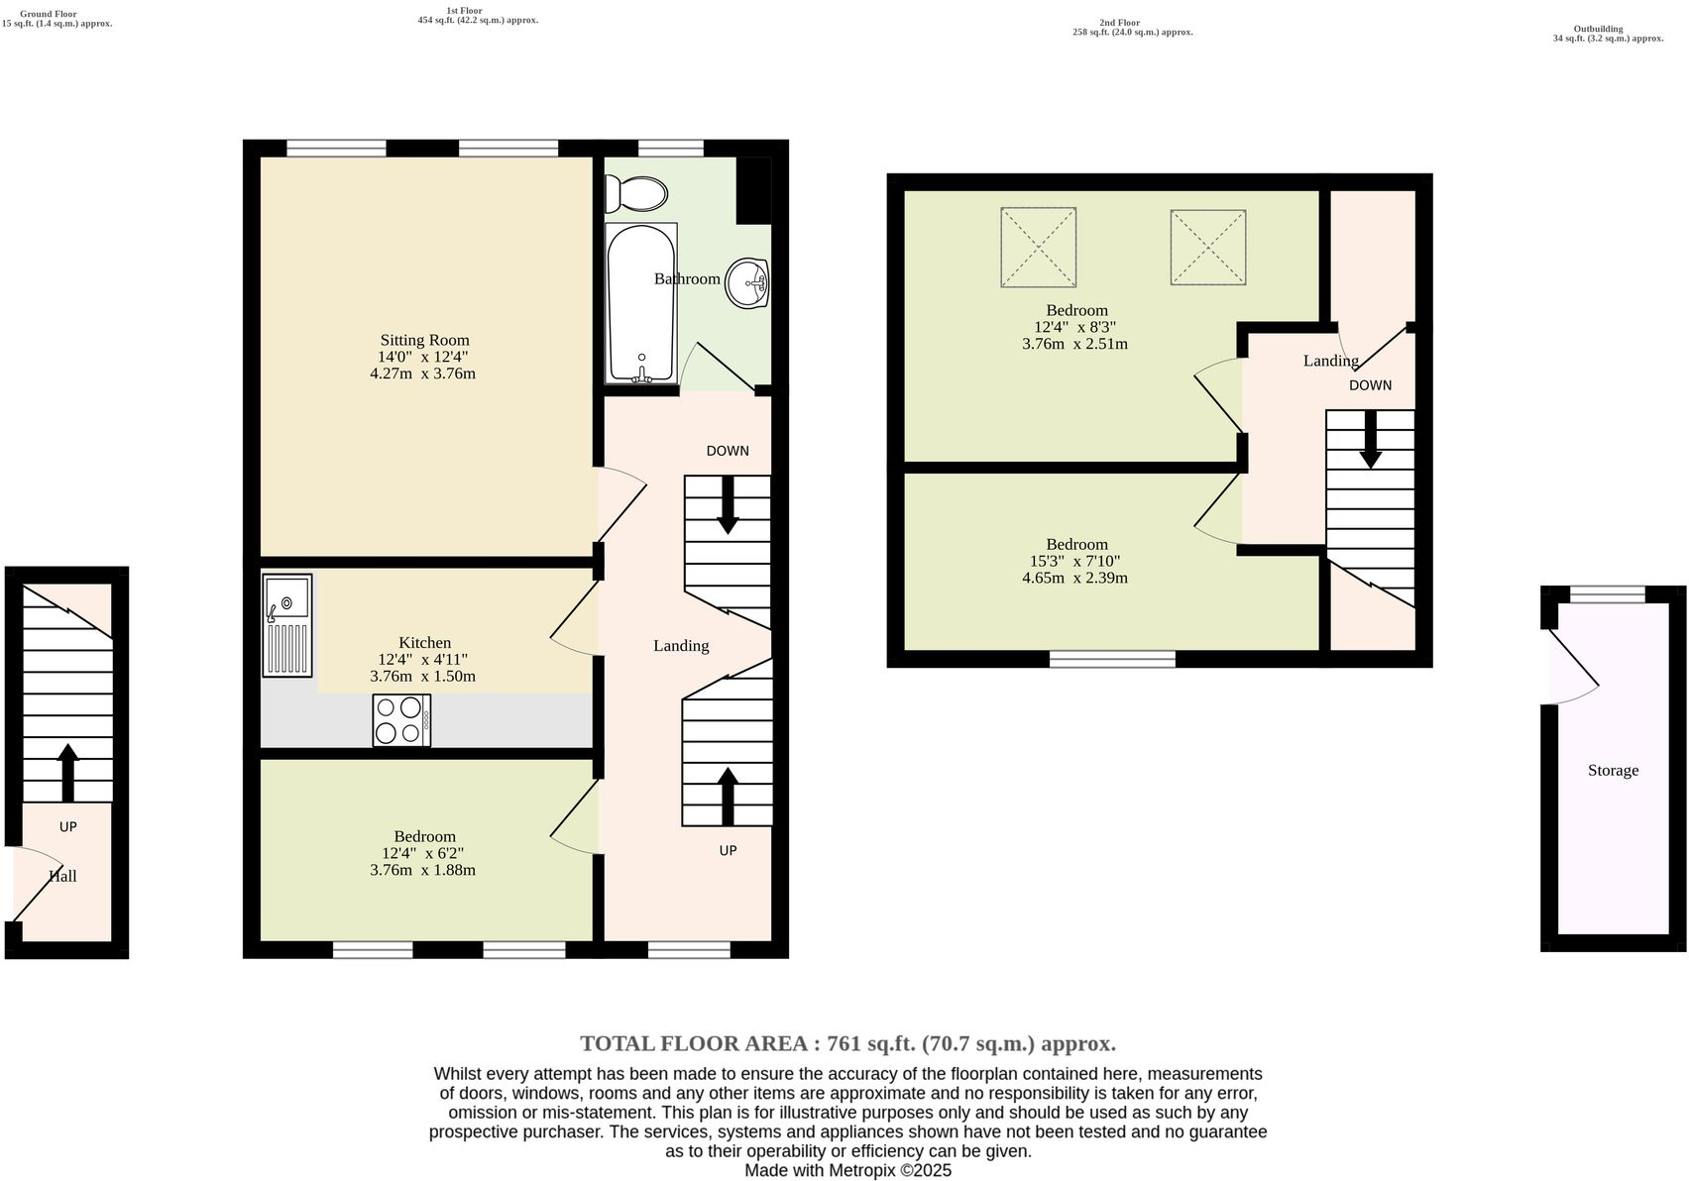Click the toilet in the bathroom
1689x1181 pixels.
click(x=637, y=193)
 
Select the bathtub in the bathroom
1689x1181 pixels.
click(x=641, y=302)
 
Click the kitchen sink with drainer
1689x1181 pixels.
click(x=287, y=625)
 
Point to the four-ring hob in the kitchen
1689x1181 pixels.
click(x=400, y=720)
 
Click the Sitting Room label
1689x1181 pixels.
click(x=424, y=340)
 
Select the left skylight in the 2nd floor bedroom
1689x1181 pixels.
click(x=1038, y=246)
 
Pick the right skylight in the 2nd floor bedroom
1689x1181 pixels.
click(x=1207, y=247)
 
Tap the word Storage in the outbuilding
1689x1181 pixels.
click(x=1613, y=770)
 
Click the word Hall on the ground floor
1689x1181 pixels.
click(x=63, y=876)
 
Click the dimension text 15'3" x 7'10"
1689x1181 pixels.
click(x=1075, y=561)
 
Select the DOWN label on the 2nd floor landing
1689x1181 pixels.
click(x=1370, y=385)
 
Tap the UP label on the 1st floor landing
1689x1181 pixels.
click(x=728, y=850)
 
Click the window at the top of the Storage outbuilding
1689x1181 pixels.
click(x=1607, y=594)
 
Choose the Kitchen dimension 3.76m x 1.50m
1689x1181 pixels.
click(x=422, y=677)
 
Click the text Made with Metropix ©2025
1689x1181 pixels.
click(x=847, y=1170)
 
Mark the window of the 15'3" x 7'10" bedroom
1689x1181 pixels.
click(x=1112, y=659)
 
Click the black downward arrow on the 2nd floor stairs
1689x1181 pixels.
click(x=1370, y=439)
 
